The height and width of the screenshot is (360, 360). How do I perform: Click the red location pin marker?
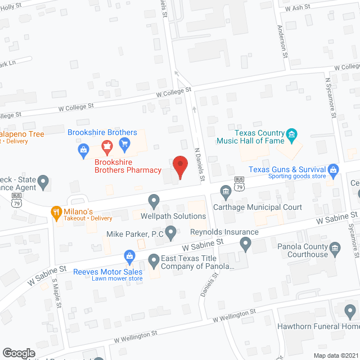tap(180, 166)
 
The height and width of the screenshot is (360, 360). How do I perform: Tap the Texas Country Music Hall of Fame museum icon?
tap(292, 134)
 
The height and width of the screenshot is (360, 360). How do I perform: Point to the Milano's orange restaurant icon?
tap(56, 213)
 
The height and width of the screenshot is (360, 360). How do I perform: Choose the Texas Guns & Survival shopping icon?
tap(334, 169)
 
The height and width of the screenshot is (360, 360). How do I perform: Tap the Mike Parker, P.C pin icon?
tap(170, 231)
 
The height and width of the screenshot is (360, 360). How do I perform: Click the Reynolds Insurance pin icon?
tap(245, 244)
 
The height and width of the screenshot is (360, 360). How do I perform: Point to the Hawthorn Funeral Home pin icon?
tap(350, 310)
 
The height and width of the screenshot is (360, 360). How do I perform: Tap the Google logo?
tap(19, 353)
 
